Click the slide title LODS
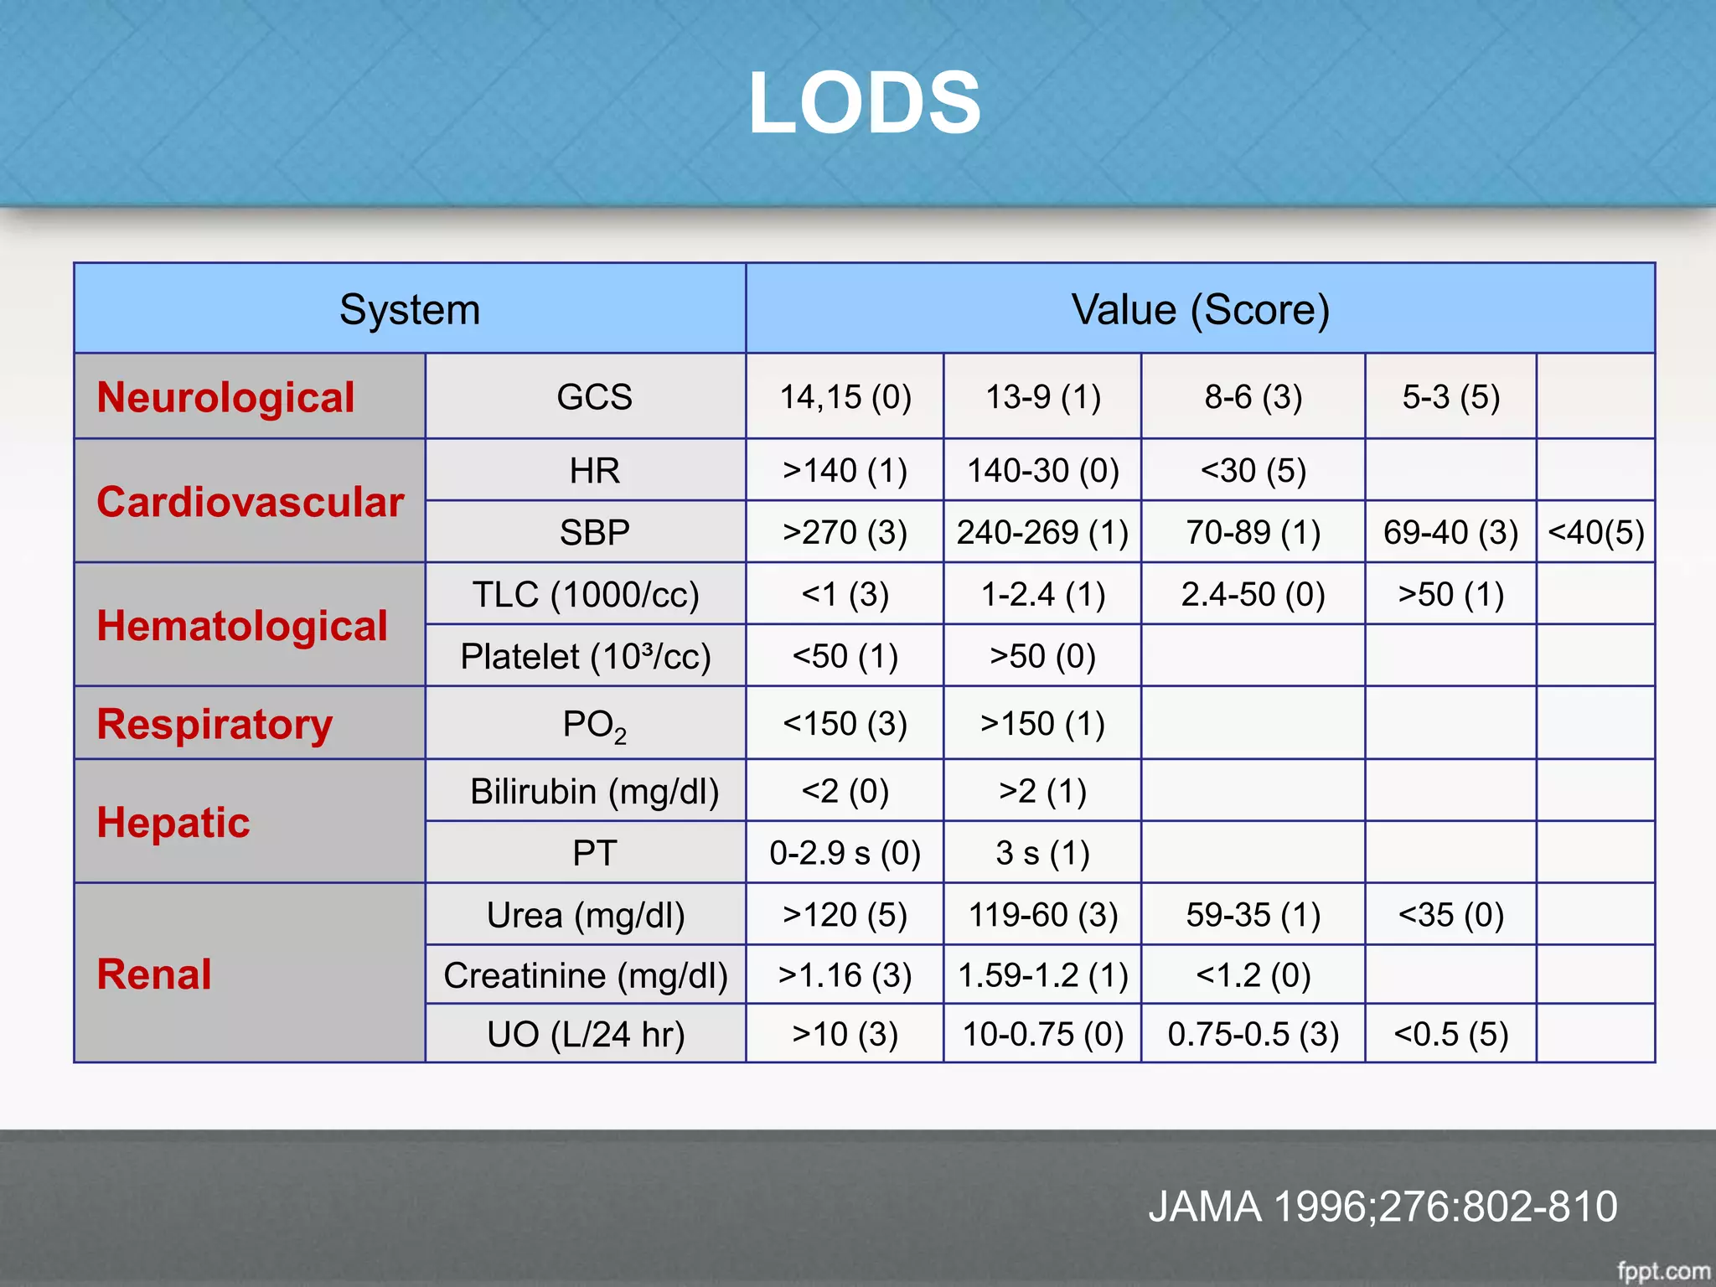(x=864, y=103)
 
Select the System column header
(x=410, y=309)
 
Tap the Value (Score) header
(x=1200, y=309)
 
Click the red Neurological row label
(x=225, y=397)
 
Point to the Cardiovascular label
(x=250, y=502)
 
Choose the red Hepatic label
(x=173, y=822)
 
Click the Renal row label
(x=154, y=974)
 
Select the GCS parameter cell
(x=594, y=397)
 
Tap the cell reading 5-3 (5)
(x=1450, y=397)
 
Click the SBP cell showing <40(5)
(x=1595, y=532)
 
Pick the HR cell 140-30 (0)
(x=1042, y=471)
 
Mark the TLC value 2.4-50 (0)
(x=1253, y=594)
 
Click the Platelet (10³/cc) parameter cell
(x=585, y=656)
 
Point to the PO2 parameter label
(x=594, y=725)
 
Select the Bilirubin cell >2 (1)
(x=1042, y=791)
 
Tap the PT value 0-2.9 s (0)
(x=845, y=853)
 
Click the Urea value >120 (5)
(x=845, y=915)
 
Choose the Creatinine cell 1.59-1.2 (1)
(x=1042, y=975)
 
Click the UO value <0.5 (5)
(x=1450, y=1034)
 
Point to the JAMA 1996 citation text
(x=1382, y=1207)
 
